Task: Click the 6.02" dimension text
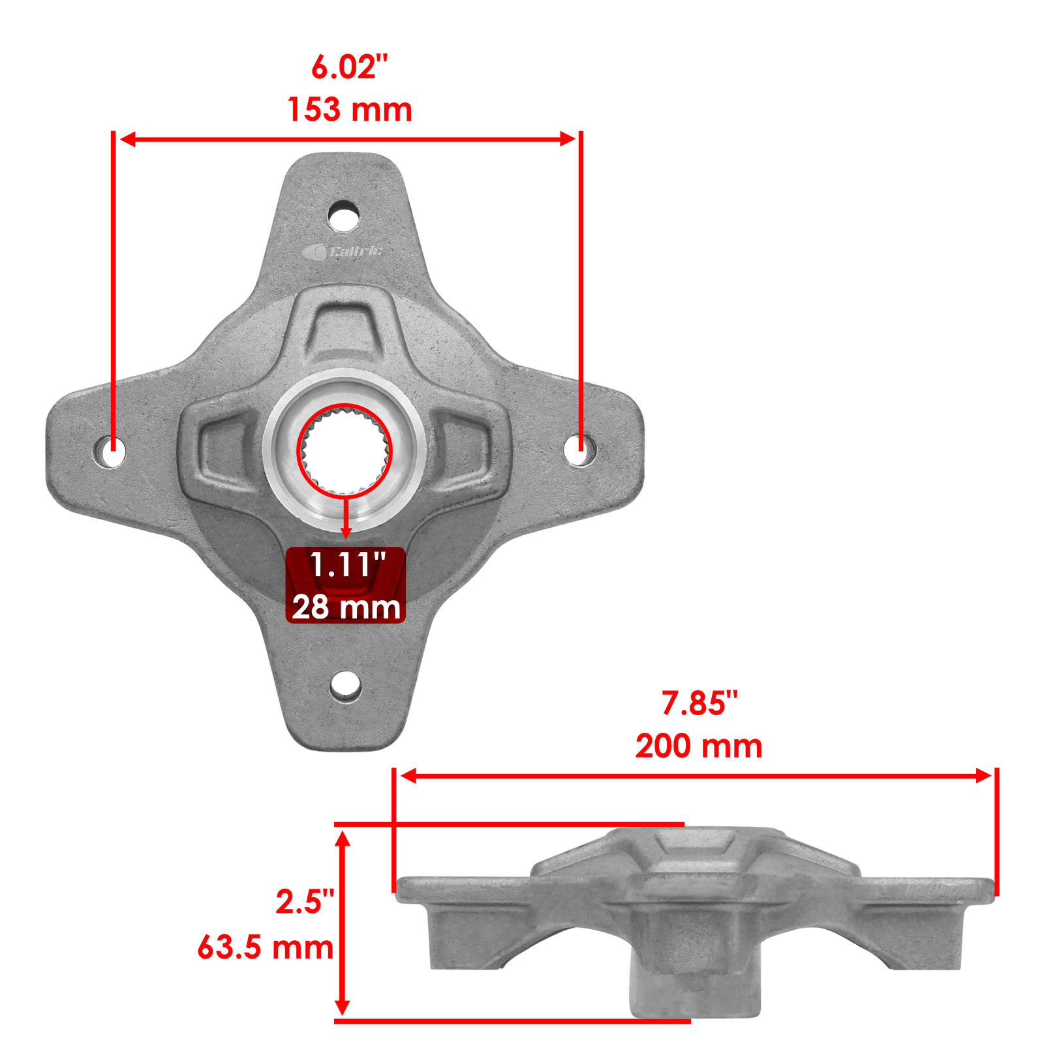[349, 67]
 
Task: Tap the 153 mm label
[350, 110]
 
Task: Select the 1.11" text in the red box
[346, 565]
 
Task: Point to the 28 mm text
[346, 607]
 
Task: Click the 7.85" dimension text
[699, 703]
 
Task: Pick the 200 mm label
[698, 746]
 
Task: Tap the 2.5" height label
[304, 902]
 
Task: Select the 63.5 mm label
[265, 947]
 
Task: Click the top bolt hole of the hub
[343, 215]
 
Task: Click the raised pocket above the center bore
[343, 324]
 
